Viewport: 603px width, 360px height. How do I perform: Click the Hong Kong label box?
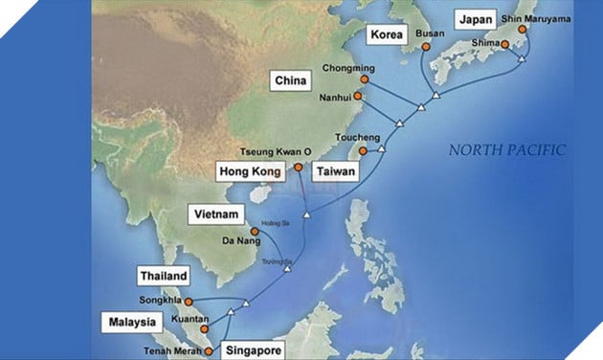pyautogui.click(x=253, y=172)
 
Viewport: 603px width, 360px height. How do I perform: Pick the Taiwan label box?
pyautogui.click(x=336, y=172)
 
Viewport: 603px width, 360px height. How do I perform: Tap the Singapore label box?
pyautogui.click(x=253, y=349)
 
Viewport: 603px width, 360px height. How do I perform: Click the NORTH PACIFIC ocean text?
pyautogui.click(x=507, y=150)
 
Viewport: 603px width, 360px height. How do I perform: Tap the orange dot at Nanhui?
pyautogui.click(x=358, y=96)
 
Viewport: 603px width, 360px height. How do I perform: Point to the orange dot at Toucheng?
pyautogui.click(x=362, y=150)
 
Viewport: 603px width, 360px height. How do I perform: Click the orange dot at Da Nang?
pyautogui.click(x=255, y=232)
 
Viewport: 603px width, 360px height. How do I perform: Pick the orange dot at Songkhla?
pyautogui.click(x=201, y=302)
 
